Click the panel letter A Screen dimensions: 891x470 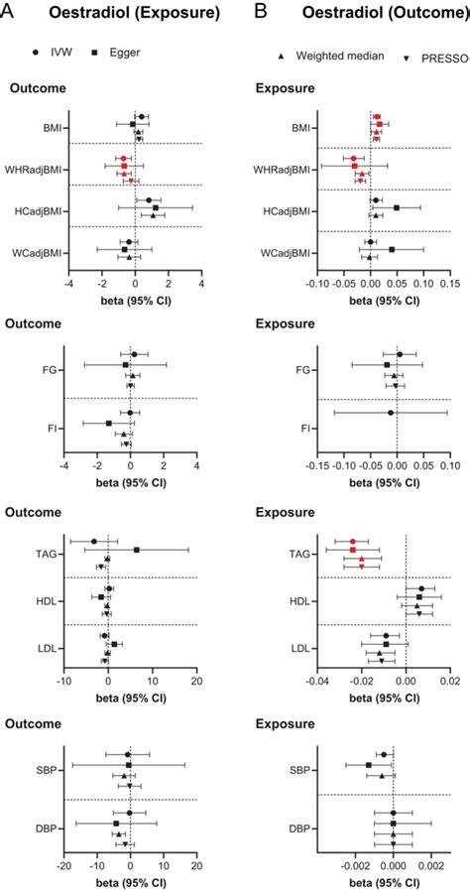[x=9, y=12]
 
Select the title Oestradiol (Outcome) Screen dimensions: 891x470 [x=364, y=12]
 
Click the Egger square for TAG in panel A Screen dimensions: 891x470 [x=137, y=550]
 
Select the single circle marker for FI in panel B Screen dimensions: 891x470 [x=391, y=413]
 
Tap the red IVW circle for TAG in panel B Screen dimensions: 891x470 [x=352, y=541]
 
